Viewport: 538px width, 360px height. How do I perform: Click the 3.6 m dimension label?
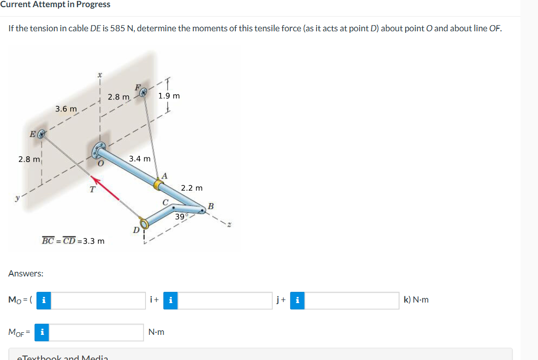pyautogui.click(x=66, y=109)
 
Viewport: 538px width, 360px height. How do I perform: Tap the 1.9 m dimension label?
pyautogui.click(x=169, y=96)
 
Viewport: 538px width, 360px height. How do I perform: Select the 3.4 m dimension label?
pyautogui.click(x=140, y=158)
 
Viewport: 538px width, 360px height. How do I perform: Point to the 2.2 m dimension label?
pyautogui.click(x=192, y=188)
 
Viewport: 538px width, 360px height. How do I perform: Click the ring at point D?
pyautogui.click(x=145, y=223)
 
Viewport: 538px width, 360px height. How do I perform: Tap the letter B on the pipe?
pyautogui.click(x=210, y=206)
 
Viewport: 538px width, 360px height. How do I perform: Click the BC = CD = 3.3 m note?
pyautogui.click(x=73, y=241)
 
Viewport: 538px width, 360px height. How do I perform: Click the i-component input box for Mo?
pyautogui.click(x=98, y=300)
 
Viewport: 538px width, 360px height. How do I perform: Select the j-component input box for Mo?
pyautogui.click(x=226, y=300)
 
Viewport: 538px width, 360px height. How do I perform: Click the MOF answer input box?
pyautogui.click(x=97, y=332)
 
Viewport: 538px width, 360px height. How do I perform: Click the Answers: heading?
pyautogui.click(x=26, y=273)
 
